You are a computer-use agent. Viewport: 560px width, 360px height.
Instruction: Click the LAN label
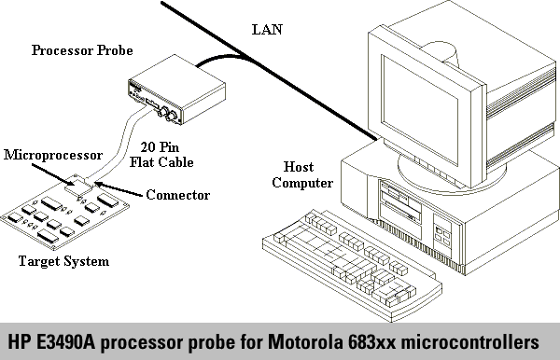click(267, 30)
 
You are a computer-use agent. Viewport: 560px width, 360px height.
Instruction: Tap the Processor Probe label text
click(82, 50)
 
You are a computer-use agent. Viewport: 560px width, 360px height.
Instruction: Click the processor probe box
click(176, 90)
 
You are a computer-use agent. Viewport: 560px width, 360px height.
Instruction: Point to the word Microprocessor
click(53, 155)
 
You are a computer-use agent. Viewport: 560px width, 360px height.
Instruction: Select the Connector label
click(178, 195)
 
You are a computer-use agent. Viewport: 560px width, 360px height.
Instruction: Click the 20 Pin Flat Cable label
click(161, 155)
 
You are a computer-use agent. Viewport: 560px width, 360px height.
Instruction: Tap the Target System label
click(63, 261)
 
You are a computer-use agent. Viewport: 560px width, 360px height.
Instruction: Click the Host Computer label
click(302, 174)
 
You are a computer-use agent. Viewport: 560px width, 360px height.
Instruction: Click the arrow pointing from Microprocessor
click(53, 174)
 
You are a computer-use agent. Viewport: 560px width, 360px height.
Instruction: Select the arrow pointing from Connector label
click(119, 189)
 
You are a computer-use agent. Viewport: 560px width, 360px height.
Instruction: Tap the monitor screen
click(420, 109)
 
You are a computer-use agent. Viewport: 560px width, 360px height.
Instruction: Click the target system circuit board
click(64, 213)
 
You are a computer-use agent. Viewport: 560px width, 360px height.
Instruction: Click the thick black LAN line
click(269, 71)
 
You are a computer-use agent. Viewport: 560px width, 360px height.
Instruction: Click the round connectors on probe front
click(167, 114)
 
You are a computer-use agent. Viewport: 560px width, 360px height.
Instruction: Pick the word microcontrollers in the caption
click(470, 341)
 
